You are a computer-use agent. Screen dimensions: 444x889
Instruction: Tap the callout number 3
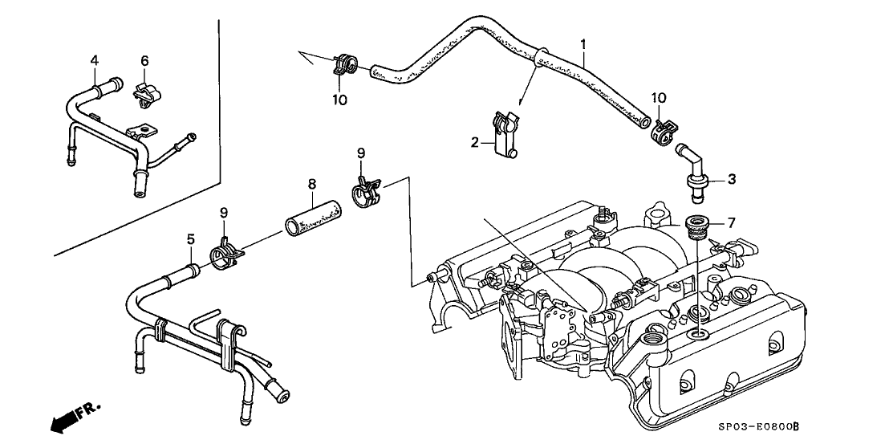[732, 179]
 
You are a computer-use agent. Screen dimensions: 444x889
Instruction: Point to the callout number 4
[94, 60]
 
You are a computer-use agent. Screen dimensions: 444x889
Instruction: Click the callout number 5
[191, 238]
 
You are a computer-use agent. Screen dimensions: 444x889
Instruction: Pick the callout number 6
[144, 60]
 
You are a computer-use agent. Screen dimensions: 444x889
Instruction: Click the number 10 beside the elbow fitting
[658, 98]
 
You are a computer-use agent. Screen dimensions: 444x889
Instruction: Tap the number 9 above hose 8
[361, 153]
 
